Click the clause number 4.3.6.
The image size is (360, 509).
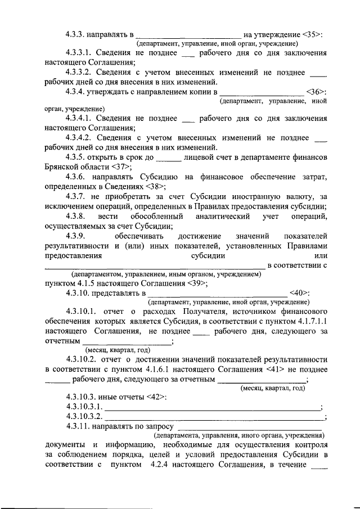pos(78,177)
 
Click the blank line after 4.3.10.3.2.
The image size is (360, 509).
pos(214,417)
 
